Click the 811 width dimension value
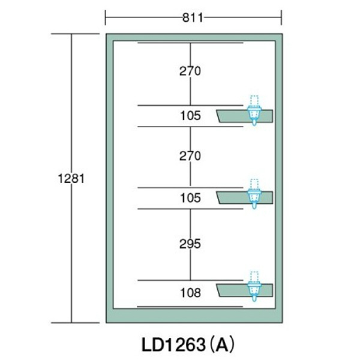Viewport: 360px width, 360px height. pos(193,17)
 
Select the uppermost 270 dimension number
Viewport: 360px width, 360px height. pos(190,71)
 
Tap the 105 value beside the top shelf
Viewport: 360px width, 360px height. pos(190,115)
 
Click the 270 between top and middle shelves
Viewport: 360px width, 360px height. pos(190,156)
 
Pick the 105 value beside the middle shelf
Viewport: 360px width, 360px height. pos(190,197)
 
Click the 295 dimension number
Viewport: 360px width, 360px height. pos(190,244)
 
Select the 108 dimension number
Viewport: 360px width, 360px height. pos(190,293)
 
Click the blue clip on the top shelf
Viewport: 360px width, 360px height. pos(254,115)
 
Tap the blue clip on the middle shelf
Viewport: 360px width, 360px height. pos(254,197)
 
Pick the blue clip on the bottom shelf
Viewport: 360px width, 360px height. pos(254,289)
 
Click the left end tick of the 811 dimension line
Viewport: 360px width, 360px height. pos(106,17)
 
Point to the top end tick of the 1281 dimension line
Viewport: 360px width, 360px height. pos(71,34)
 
